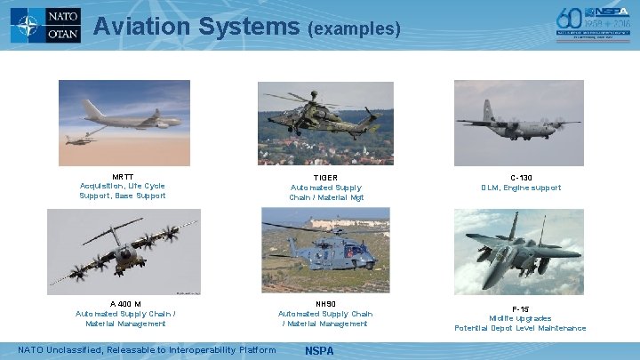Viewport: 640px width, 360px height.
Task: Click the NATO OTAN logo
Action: [x=45, y=26]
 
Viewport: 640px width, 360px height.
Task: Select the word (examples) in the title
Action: [x=354, y=29]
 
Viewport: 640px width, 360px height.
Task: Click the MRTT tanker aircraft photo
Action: [x=124, y=123]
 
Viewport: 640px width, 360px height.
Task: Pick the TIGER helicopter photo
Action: [x=324, y=123]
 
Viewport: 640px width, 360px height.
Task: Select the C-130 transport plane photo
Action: [x=520, y=123]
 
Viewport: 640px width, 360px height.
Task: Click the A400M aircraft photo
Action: [x=124, y=252]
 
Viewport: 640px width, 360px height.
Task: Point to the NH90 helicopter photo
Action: [x=325, y=252]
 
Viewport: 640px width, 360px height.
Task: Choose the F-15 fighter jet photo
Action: [x=520, y=252]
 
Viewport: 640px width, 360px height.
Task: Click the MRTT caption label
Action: [x=123, y=177]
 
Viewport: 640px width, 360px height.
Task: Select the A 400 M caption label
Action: [x=125, y=304]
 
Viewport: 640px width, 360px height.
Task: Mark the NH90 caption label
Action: [x=325, y=304]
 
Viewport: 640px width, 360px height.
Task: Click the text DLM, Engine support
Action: [x=521, y=188]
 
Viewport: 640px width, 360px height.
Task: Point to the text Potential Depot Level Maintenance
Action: [x=520, y=328]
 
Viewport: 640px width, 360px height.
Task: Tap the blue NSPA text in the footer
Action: [x=319, y=350]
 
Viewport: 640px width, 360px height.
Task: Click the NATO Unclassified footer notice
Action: [x=147, y=349]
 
